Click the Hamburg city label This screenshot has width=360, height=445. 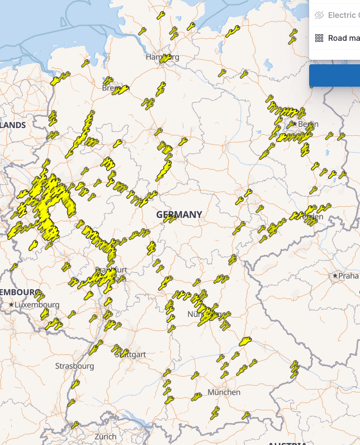point(162,57)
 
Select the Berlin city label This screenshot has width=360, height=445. point(308,124)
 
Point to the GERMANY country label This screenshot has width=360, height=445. point(179,215)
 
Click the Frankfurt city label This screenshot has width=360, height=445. point(112,270)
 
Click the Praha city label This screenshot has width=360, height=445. point(348,276)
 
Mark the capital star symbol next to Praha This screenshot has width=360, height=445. point(335,276)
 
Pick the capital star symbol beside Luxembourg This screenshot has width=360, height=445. point(11,305)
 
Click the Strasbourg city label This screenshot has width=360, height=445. point(74,366)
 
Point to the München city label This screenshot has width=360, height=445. point(224,392)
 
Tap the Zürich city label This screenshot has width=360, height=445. point(105,436)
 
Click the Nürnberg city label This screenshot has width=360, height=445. point(204,314)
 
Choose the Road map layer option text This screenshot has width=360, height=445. point(343,38)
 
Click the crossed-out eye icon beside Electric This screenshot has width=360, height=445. point(319,15)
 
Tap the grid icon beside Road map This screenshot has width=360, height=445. point(319,38)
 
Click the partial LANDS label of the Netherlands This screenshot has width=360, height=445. point(13,125)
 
